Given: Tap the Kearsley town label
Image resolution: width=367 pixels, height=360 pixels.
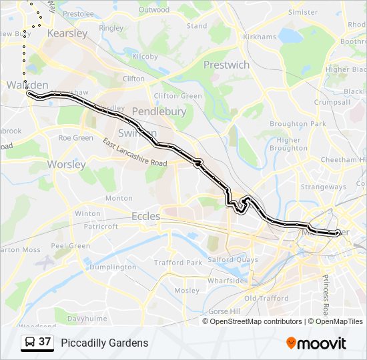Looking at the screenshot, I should click(67, 33).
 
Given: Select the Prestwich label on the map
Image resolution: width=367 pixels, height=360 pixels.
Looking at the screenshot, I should click(226, 65).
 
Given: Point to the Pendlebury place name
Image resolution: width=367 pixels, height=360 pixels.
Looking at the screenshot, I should click(159, 111).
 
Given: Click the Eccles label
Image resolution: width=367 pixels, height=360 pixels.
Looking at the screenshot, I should click(145, 216).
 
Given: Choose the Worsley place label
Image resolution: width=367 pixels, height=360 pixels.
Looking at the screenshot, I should click(67, 164).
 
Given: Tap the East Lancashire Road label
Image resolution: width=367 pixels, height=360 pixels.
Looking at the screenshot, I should click(135, 153).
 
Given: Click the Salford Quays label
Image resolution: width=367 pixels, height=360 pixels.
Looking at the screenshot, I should click(234, 259).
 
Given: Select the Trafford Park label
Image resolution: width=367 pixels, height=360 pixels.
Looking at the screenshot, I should click(178, 263).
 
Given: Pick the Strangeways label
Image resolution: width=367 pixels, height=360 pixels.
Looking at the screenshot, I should click(323, 187).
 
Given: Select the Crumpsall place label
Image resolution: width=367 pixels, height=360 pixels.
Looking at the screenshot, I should click(332, 102).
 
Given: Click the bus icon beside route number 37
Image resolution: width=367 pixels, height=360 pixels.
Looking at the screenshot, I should click(30, 343).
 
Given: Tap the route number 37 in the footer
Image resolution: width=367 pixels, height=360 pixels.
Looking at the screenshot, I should click(45, 342).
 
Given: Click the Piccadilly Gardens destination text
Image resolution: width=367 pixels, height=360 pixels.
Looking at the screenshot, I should click(105, 343).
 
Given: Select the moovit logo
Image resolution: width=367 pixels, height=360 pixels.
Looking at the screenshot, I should click(316, 343).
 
